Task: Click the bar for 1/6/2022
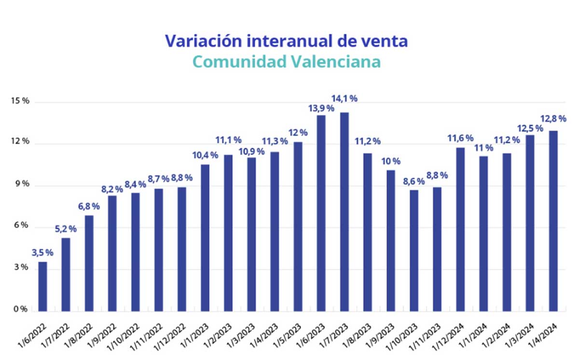(x=43, y=286)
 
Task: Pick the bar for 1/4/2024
(x=553, y=221)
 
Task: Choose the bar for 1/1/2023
(x=205, y=237)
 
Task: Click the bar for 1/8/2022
(x=89, y=263)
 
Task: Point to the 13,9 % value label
(x=321, y=108)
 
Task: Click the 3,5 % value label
(x=42, y=252)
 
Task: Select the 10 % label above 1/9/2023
(x=391, y=161)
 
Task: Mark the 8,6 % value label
(x=414, y=181)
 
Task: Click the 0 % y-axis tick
(x=20, y=309)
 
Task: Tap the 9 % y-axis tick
(x=20, y=185)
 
